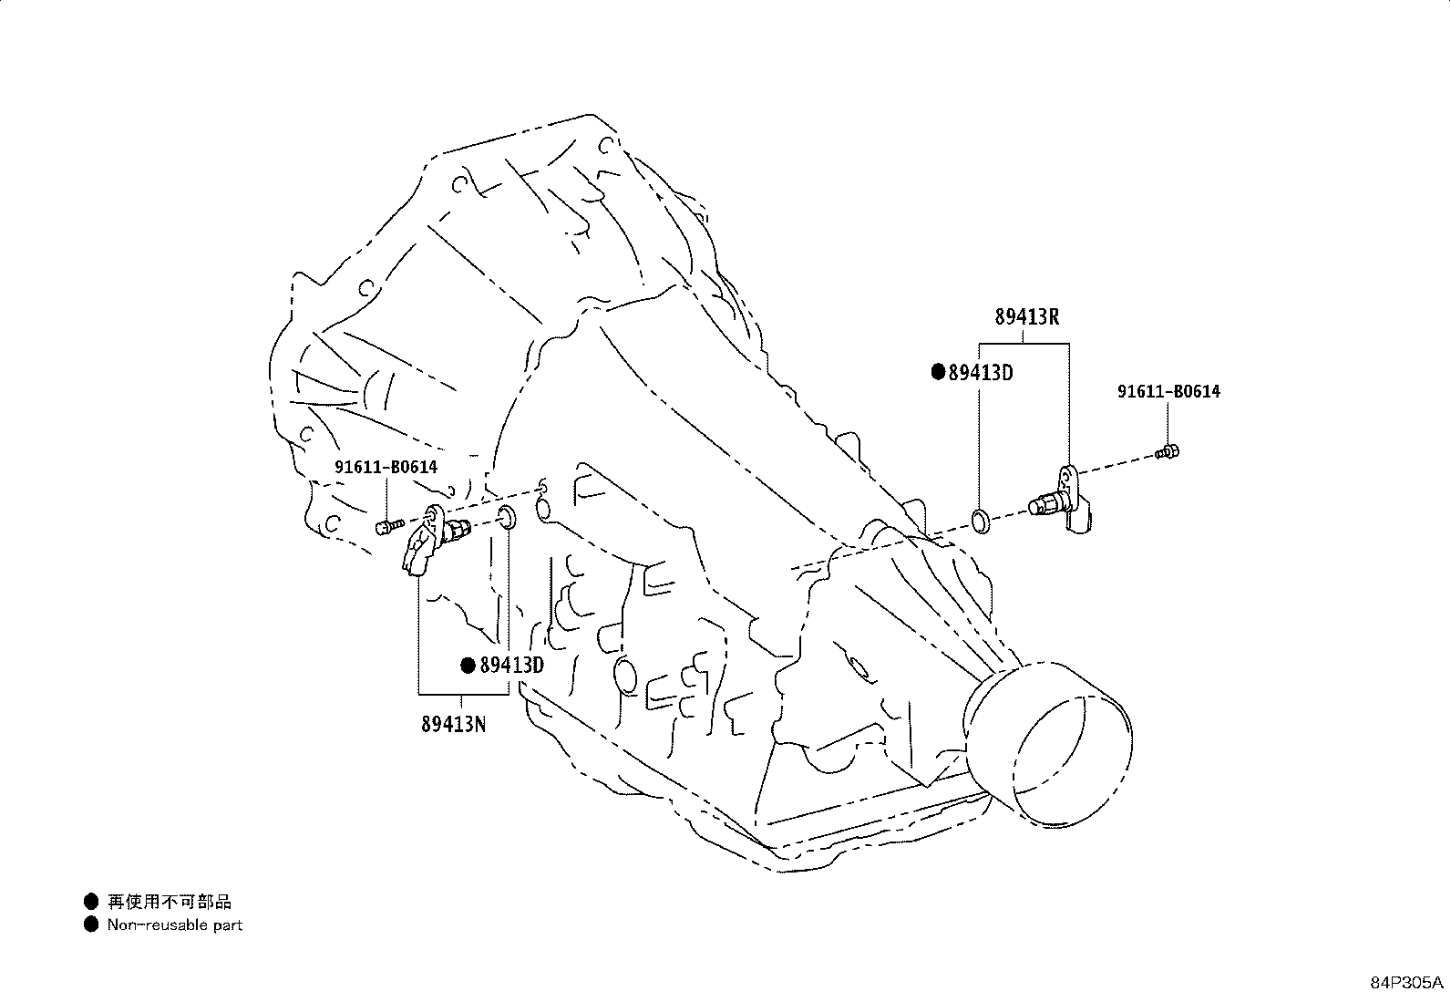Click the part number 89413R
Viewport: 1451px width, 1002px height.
click(x=1026, y=317)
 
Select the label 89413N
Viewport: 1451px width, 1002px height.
click(x=454, y=723)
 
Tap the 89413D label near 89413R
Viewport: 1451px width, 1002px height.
click(x=981, y=373)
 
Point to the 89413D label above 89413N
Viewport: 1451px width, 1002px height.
click(x=511, y=665)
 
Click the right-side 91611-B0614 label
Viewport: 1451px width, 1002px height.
click(x=1168, y=391)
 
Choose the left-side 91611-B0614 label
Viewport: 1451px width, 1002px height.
click(x=386, y=467)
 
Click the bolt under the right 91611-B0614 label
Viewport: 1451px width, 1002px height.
click(x=1168, y=451)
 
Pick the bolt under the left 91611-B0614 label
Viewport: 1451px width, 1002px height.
click(x=389, y=526)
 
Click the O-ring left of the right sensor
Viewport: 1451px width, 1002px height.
click(x=982, y=522)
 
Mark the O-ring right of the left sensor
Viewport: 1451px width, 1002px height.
click(x=507, y=518)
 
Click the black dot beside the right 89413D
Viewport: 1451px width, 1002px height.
click(x=938, y=372)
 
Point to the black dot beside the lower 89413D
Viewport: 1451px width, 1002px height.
click(x=468, y=665)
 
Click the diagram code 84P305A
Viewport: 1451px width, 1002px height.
click(x=1406, y=983)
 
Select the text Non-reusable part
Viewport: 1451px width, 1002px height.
click(x=175, y=925)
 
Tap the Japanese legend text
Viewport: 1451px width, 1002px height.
click(x=169, y=902)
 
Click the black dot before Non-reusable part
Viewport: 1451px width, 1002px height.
click(x=91, y=925)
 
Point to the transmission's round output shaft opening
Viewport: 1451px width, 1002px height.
click(x=1049, y=745)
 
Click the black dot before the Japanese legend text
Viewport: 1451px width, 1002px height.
click(x=91, y=902)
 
